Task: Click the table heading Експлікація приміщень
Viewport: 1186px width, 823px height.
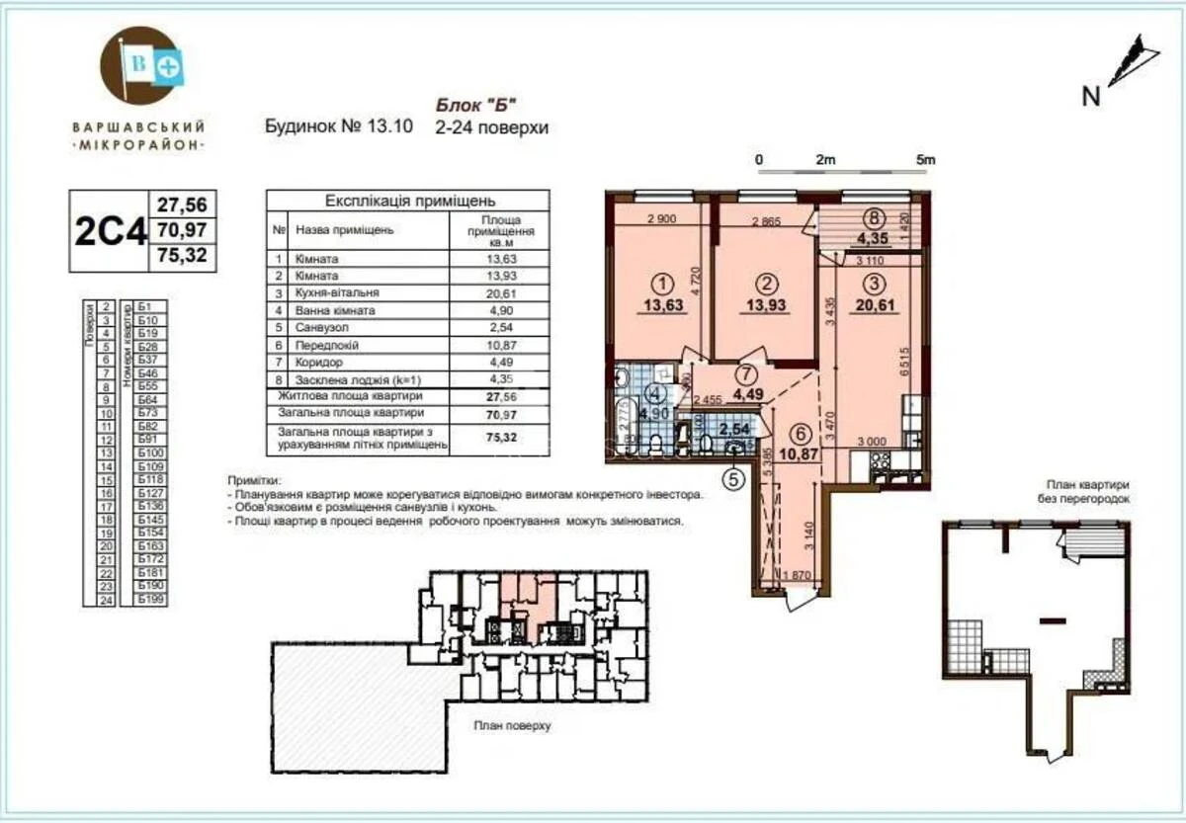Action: pos(407,199)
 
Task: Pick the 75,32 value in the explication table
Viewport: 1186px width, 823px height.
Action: pos(504,438)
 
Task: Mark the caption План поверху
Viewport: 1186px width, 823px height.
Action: pos(512,725)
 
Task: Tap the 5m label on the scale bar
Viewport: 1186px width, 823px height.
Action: pos(925,159)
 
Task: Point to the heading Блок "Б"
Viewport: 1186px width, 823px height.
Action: pos(477,106)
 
